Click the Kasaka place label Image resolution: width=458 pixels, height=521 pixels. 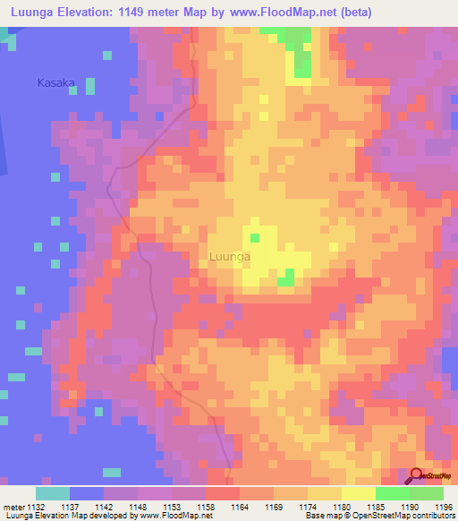tap(55, 83)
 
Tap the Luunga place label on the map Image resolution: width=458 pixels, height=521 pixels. tap(229, 257)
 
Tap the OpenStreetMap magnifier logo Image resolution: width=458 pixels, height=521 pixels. tap(417, 475)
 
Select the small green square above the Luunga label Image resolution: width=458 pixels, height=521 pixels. tap(255, 238)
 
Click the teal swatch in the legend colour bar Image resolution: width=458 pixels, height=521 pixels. tap(53, 493)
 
